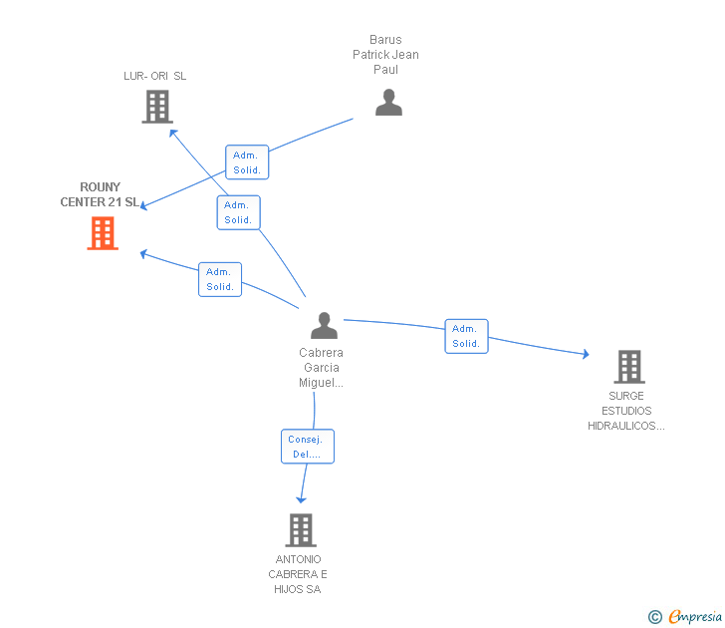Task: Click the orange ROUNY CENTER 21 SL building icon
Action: [103, 233]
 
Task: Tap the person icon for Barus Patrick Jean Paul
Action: [388, 102]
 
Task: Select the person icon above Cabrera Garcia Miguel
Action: [324, 325]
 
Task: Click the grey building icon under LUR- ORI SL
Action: [157, 107]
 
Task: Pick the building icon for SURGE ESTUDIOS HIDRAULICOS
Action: [629, 367]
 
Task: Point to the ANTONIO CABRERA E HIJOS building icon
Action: [301, 530]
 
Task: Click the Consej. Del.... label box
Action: [308, 447]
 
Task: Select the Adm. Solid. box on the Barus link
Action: [247, 162]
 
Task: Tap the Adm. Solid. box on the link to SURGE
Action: [466, 337]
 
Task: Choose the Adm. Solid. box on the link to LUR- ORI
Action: [239, 212]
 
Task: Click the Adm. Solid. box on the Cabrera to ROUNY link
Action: [220, 279]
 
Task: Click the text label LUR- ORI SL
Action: [155, 76]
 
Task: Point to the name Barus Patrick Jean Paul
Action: [385, 55]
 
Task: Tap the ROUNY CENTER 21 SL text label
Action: [100, 194]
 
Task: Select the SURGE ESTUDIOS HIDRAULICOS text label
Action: [626, 411]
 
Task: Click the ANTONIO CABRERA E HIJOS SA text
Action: [298, 574]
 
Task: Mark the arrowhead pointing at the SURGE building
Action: [586, 354]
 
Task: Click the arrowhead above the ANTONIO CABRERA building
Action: [301, 499]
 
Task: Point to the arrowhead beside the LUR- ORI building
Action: [173, 134]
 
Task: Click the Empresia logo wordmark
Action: [695, 616]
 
